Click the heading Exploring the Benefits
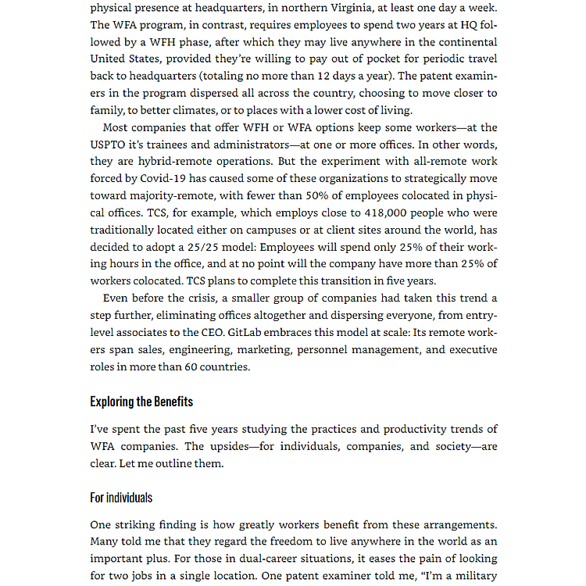tap(141, 402)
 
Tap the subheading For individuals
tap(121, 498)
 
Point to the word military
tap(473, 576)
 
